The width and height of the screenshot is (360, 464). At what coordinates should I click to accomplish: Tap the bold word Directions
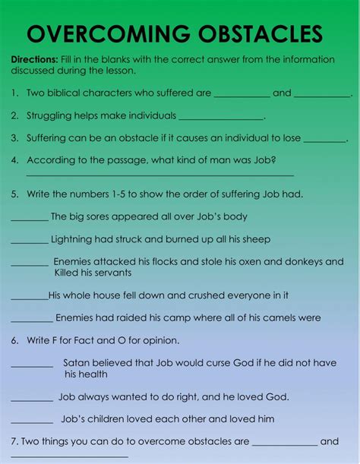(x=34, y=59)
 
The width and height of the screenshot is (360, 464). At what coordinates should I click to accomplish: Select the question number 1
(x=15, y=93)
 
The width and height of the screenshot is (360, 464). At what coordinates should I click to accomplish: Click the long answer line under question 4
(x=159, y=175)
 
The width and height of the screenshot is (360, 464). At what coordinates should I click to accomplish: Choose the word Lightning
(x=72, y=239)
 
